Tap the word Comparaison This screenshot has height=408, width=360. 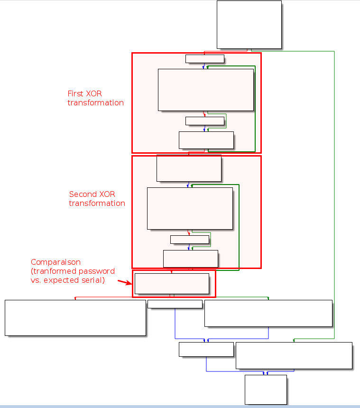55,262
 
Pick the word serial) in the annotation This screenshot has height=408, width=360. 92,280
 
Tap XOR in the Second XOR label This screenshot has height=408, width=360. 107,195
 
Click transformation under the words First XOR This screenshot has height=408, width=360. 95,103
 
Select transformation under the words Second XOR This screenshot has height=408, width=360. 97,204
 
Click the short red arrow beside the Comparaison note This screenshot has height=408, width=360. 124,283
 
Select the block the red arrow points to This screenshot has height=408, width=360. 172,284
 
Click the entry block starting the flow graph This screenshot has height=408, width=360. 249,25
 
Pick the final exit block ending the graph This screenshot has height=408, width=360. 266,389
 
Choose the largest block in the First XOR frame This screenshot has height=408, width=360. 205,90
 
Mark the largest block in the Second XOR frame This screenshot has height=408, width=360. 190,208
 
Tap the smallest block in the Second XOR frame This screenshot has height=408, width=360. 189,240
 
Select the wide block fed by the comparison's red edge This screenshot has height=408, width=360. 75,317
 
